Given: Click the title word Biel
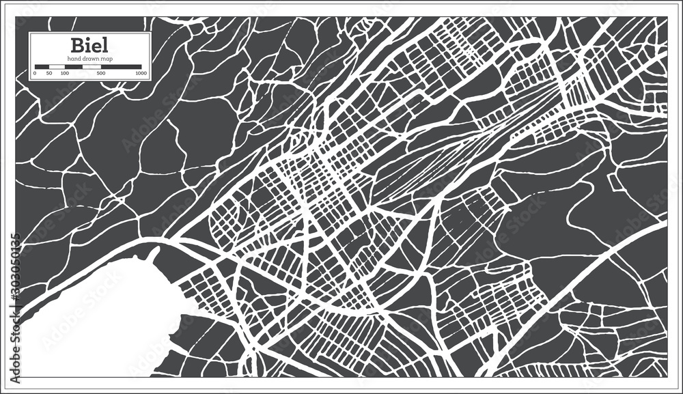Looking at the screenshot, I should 88,46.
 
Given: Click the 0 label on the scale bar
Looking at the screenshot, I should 35,72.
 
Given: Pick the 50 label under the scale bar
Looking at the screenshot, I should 48,72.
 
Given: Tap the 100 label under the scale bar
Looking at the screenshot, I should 64,72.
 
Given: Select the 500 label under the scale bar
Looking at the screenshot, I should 101,72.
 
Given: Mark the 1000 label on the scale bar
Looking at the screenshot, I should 141,72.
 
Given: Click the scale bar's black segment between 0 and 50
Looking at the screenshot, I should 42,67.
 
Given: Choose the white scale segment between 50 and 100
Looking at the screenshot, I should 56,67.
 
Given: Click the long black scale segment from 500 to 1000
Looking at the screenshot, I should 122,67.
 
